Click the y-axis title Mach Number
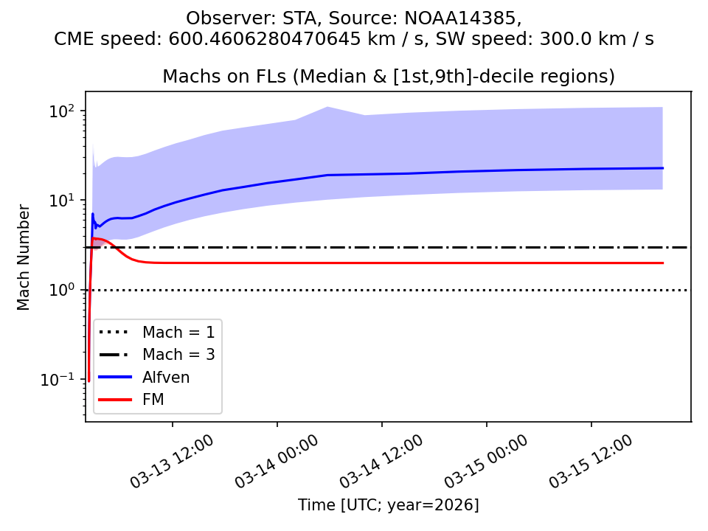pos(24,257)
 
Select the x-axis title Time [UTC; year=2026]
pos(389,505)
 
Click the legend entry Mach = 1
pos(178,331)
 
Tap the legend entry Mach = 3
pos(178,354)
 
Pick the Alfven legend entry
pos(166,377)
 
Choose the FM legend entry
pos(153,400)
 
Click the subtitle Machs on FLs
pos(221,77)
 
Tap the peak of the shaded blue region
pos(327,107)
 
